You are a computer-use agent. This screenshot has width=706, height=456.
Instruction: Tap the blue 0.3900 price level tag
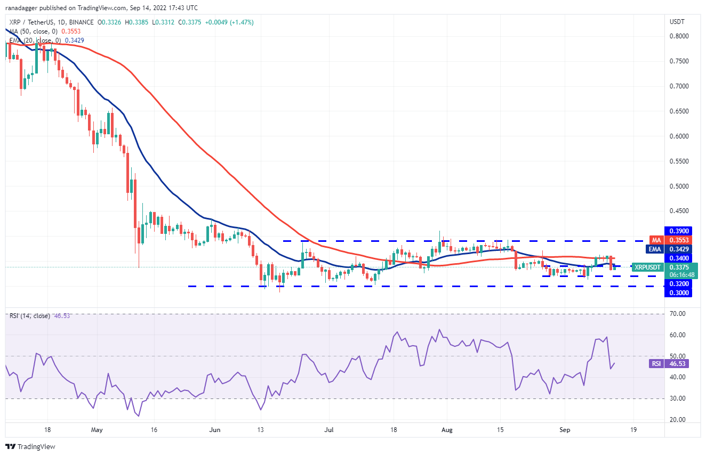678,231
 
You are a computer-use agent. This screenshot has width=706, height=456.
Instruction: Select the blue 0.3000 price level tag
678,293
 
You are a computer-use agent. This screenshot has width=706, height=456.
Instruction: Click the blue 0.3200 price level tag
678,284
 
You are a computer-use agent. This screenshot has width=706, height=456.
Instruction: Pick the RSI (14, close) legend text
29,316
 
